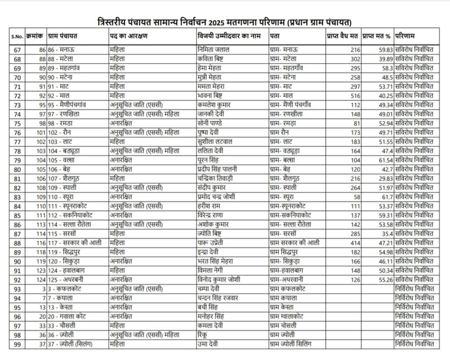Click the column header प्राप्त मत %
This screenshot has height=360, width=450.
coord(377,36)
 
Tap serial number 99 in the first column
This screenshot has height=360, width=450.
coord(18,344)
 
